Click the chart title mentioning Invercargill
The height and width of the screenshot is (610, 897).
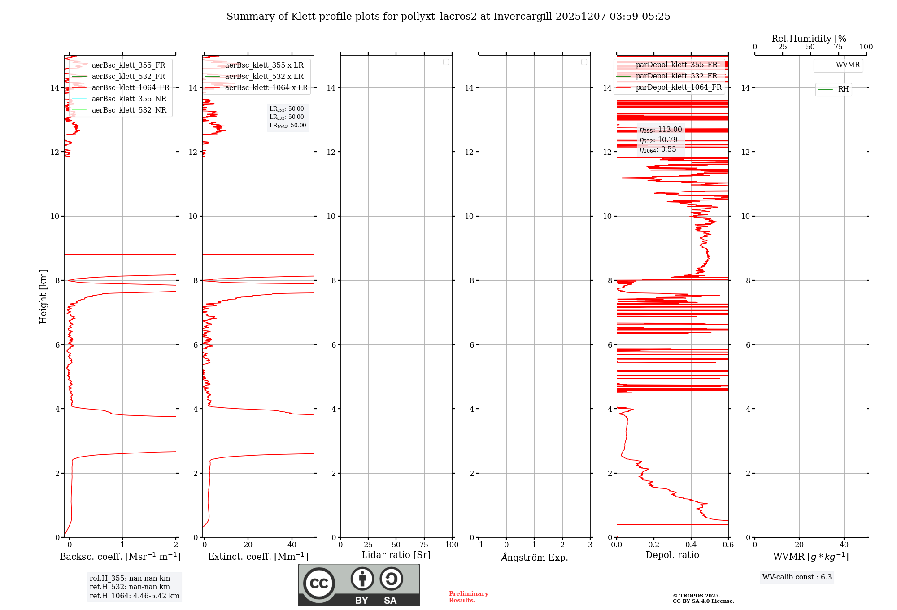tap(448, 17)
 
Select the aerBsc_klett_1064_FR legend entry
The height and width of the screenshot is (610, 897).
tap(130, 88)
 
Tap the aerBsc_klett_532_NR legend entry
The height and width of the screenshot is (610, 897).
tap(129, 110)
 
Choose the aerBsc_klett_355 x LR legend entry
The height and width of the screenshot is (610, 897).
tap(264, 65)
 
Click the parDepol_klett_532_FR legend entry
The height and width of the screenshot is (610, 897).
tap(676, 76)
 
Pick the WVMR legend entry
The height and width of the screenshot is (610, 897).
tap(847, 65)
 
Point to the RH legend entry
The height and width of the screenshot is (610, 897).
tap(843, 89)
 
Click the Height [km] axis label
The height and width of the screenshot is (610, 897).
tap(43, 296)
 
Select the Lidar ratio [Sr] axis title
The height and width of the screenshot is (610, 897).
tap(396, 555)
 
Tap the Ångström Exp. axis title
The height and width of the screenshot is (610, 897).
tap(534, 558)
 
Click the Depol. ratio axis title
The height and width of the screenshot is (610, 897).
tap(672, 555)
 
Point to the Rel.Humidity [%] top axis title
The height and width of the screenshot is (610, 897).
tap(810, 39)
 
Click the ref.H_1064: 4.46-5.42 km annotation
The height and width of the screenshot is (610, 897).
tap(134, 596)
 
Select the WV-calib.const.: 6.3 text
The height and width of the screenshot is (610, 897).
tap(797, 577)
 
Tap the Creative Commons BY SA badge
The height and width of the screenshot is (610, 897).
tap(359, 585)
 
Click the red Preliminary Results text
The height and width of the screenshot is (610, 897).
tap(468, 597)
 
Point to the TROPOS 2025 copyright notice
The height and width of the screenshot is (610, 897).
tap(703, 598)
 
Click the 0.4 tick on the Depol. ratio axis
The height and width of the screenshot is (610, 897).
tap(691, 545)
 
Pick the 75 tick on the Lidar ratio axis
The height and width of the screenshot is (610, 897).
tap(424, 545)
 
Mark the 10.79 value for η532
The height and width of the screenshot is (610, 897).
tap(667, 140)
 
